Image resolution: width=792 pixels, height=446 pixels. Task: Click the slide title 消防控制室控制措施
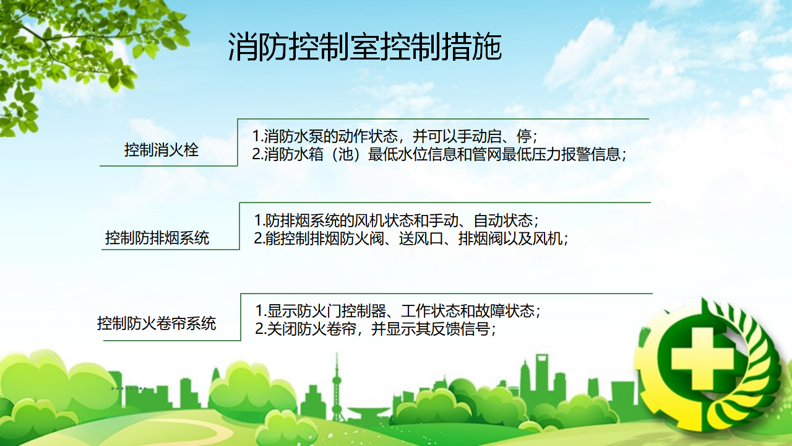tap(365, 46)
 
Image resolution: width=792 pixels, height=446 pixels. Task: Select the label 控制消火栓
tap(161, 150)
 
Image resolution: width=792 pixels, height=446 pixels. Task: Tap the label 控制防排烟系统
tap(157, 238)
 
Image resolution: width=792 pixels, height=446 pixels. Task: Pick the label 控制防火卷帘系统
tap(157, 323)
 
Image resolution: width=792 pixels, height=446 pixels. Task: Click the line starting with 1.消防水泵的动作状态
tap(395, 136)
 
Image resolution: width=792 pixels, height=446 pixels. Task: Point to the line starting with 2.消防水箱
tap(439, 154)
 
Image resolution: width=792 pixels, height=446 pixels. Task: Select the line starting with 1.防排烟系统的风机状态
tap(397, 221)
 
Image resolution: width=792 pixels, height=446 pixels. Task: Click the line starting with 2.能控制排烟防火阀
tap(411, 239)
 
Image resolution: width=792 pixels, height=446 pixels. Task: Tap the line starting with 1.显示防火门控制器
tap(398, 311)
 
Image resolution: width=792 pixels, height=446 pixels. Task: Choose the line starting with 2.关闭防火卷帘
tap(376, 330)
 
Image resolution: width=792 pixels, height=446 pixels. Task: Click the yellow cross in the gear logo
tap(702, 362)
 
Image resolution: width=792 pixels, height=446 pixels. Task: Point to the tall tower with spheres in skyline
tap(337, 388)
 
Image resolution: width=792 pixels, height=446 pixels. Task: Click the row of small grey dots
tap(129, 388)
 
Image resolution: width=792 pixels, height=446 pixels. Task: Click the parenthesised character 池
tap(345, 154)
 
